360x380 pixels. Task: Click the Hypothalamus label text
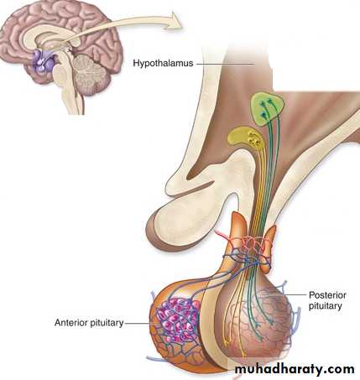[163, 63]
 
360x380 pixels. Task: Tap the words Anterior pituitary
[89, 323]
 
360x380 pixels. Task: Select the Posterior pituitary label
[327, 300]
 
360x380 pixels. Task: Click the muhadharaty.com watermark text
[295, 369]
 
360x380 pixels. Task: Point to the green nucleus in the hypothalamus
[267, 109]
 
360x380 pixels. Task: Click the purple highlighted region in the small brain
[44, 61]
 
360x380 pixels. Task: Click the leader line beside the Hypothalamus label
[226, 64]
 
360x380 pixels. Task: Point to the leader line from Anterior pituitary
[139, 324]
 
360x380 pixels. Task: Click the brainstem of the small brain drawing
[62, 84]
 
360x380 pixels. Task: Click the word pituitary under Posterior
[326, 305]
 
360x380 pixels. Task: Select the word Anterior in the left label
[71, 322]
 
